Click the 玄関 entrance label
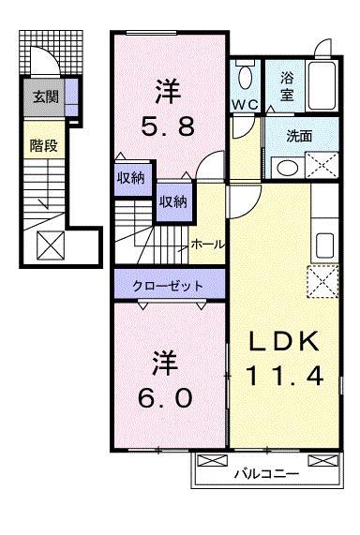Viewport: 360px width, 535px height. (x=43, y=96)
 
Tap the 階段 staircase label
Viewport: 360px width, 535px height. (x=40, y=145)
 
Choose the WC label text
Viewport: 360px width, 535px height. (x=247, y=102)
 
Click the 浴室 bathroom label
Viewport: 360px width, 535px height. (x=286, y=86)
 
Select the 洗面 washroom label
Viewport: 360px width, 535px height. (x=300, y=135)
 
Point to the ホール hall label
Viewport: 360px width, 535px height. (x=207, y=244)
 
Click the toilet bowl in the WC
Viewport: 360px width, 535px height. (x=247, y=76)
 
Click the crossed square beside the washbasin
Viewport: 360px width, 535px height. (x=321, y=167)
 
